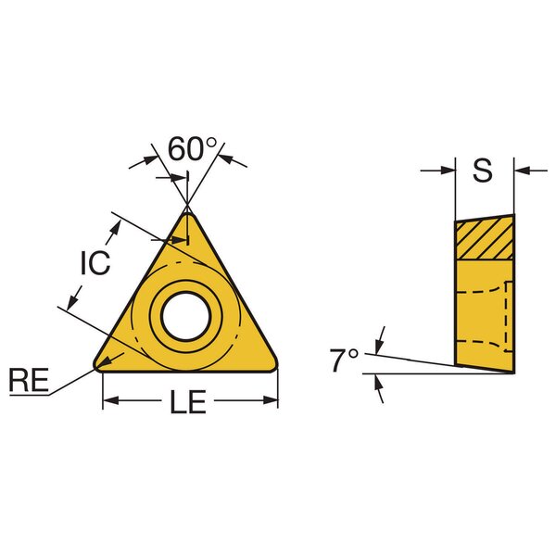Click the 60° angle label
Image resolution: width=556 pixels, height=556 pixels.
(192, 149)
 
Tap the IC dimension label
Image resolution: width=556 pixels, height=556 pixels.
(95, 263)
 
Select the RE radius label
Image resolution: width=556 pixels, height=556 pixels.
(29, 380)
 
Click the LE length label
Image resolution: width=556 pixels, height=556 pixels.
(188, 402)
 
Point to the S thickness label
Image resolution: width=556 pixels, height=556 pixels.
(483, 171)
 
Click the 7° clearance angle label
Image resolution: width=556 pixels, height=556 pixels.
(344, 360)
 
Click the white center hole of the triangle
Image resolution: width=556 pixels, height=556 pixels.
(186, 316)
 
